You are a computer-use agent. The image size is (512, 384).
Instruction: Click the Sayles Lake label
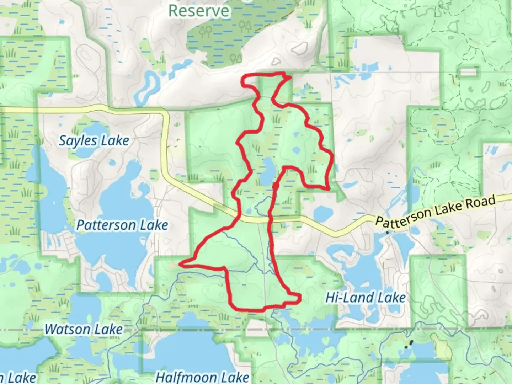94,141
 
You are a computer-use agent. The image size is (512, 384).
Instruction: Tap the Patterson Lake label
122,225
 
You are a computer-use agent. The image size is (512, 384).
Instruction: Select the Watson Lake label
84,329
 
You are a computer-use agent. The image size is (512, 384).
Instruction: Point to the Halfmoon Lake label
202,377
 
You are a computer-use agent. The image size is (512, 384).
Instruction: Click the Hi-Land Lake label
366,298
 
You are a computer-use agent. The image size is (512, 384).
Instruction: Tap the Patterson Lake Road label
435,212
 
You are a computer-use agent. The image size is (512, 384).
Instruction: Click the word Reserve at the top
199,11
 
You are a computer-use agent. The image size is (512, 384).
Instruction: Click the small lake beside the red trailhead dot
267,171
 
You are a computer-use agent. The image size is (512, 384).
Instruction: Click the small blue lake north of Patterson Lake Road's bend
323,214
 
